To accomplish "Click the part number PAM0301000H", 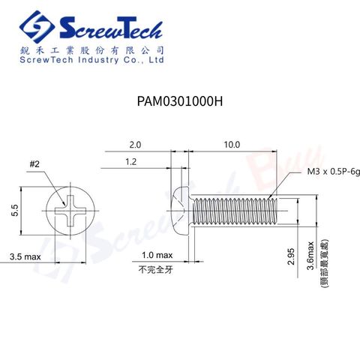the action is tap(180, 101).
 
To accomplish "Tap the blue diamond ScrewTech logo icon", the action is tap(37, 27).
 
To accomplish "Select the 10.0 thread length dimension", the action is tap(232, 145).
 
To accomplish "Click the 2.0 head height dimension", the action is tap(135, 145).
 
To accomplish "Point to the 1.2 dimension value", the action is tap(131, 162).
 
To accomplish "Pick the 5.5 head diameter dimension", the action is tap(15, 210).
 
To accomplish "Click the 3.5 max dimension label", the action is tap(25, 256).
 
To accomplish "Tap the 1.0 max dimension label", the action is tap(157, 255).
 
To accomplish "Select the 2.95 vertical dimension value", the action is tap(291, 256).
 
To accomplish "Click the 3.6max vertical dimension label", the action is tap(310, 256).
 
